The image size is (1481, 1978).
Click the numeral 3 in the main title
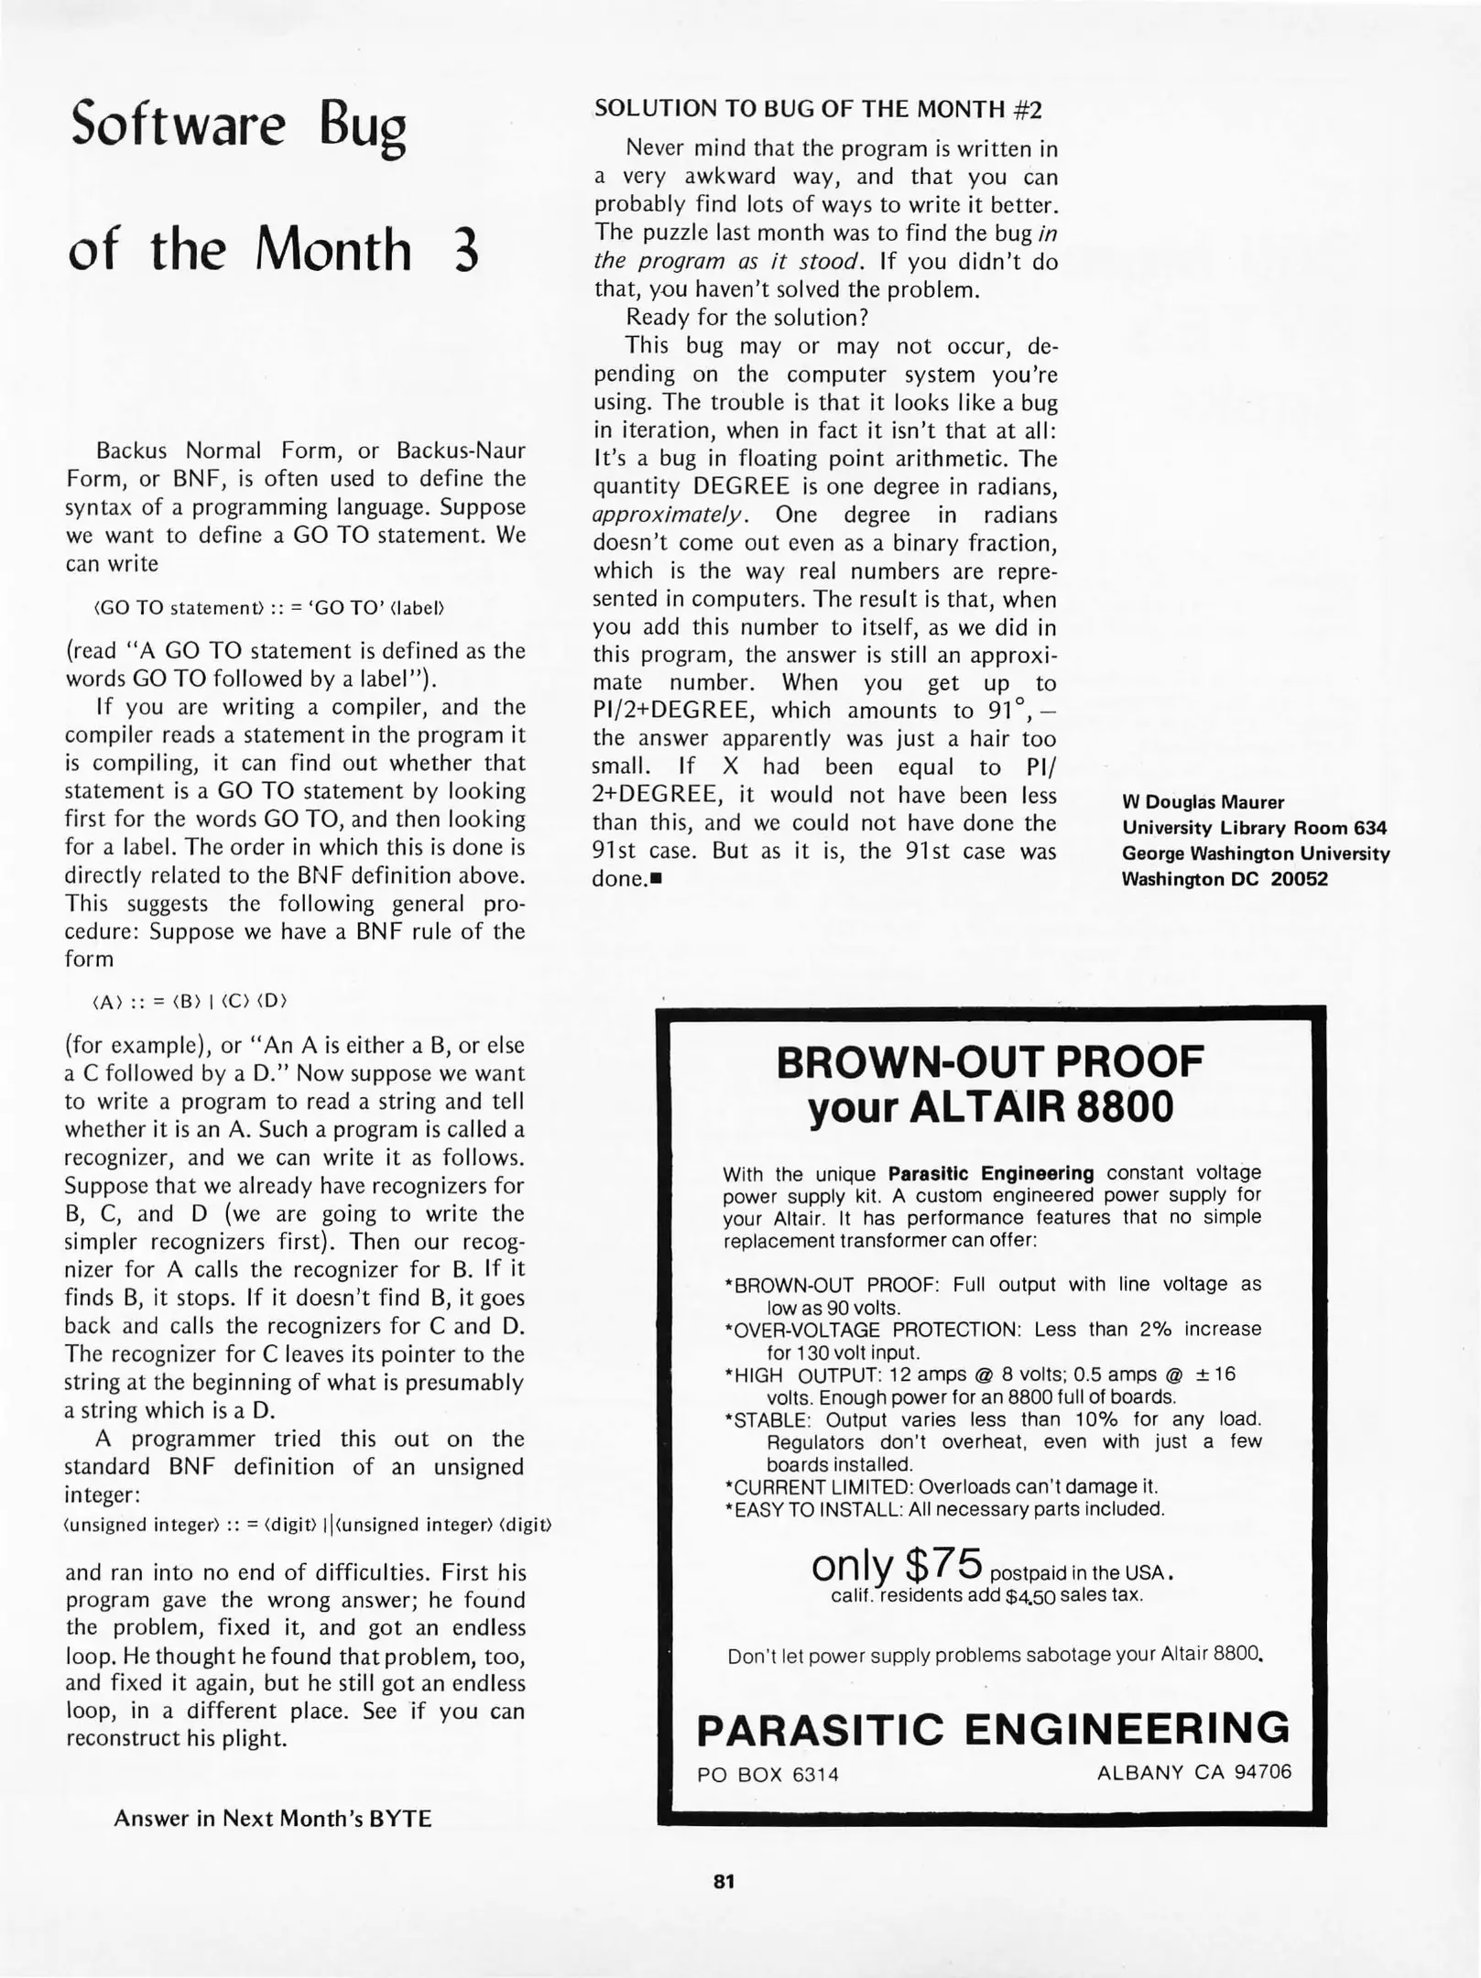coord(465,250)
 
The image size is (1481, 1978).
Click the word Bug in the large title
coord(363,127)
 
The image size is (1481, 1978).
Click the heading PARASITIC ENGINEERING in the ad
coord(993,1729)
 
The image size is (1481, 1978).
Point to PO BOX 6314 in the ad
coord(768,1775)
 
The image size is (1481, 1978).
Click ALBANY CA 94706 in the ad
coord(1193,1772)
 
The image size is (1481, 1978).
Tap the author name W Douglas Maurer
coord(1203,802)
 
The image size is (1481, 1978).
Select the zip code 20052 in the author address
coord(1299,879)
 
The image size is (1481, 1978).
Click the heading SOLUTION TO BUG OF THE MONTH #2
coord(818,109)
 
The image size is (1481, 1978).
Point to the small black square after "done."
coord(655,879)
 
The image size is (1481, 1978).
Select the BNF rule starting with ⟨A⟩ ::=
coord(191,1002)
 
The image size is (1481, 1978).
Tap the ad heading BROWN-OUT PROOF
coord(989,1062)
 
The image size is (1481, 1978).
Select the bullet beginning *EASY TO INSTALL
coord(943,1509)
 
